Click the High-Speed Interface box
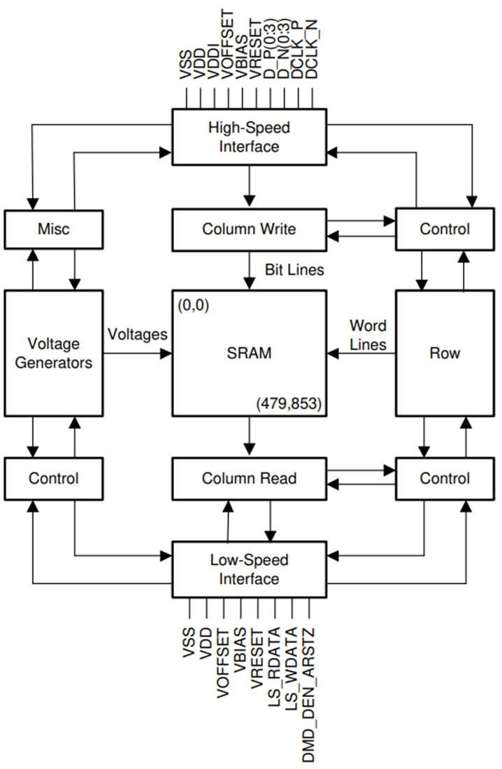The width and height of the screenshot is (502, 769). click(x=249, y=137)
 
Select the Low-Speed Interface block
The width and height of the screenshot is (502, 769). click(x=249, y=569)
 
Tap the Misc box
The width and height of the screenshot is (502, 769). click(x=54, y=229)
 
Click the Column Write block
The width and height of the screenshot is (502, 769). click(x=249, y=229)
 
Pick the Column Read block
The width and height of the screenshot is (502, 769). click(x=249, y=478)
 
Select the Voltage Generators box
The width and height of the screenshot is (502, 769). click(x=54, y=353)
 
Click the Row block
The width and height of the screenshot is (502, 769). click(x=445, y=353)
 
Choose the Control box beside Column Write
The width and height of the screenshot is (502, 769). click(x=445, y=229)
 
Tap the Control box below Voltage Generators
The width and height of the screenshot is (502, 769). click(x=54, y=478)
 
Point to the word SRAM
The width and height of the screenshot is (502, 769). click(x=249, y=353)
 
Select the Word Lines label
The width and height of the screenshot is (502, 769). click(x=368, y=335)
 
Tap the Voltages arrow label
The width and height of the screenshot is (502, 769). click(x=138, y=334)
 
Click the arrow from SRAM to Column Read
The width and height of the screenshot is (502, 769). click(x=249, y=438)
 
